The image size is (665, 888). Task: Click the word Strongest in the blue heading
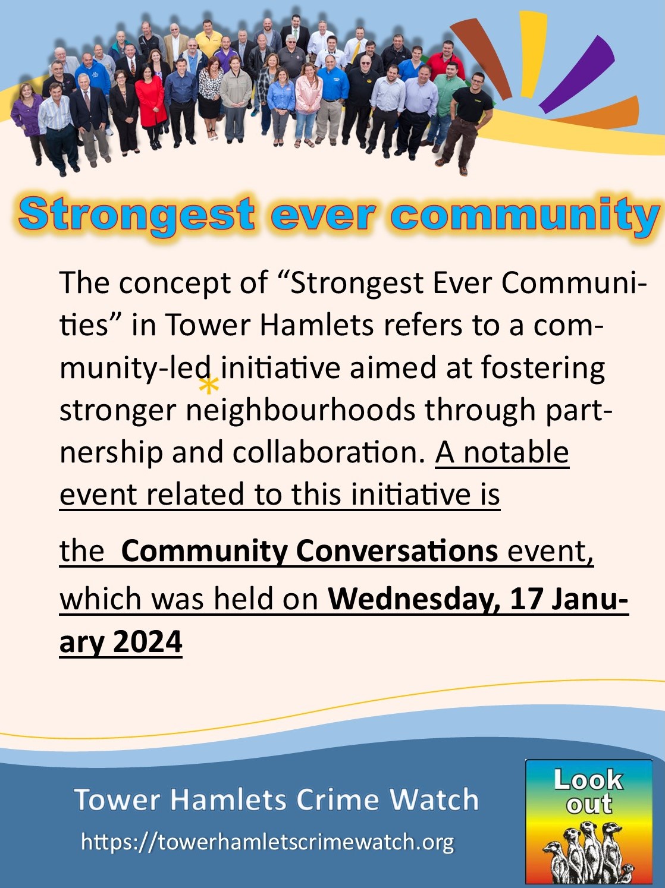point(137,215)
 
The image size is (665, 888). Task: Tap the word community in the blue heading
point(525,216)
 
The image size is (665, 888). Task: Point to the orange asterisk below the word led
point(208,386)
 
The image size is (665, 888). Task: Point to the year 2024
point(147,642)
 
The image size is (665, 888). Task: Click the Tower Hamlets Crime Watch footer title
point(276,799)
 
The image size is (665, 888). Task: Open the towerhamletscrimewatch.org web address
point(267,842)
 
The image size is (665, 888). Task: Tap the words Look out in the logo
point(588,791)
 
